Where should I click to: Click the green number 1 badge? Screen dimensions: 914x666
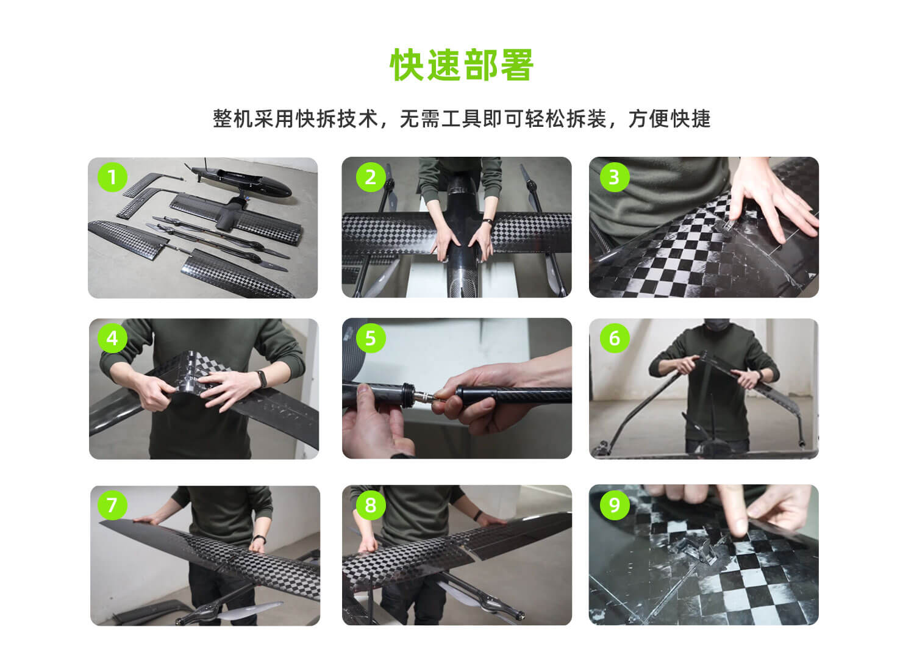[112, 177]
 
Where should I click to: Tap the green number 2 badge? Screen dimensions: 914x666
[371, 177]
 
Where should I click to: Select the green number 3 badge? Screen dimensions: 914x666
[615, 177]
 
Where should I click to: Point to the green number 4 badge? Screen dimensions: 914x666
[112, 338]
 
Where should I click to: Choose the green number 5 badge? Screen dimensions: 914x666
[371, 338]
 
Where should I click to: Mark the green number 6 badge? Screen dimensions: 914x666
[615, 338]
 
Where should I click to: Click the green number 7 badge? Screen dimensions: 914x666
[112, 505]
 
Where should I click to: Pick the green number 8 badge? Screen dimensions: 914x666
[371, 505]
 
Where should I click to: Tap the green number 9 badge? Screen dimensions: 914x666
[615, 505]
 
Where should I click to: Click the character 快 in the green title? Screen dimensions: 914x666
[407, 65]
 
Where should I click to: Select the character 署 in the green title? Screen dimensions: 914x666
[516, 65]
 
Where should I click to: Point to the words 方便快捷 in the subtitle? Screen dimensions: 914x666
[669, 119]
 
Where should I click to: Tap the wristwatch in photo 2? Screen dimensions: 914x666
[488, 222]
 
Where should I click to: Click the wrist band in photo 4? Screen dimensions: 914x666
[262, 379]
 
